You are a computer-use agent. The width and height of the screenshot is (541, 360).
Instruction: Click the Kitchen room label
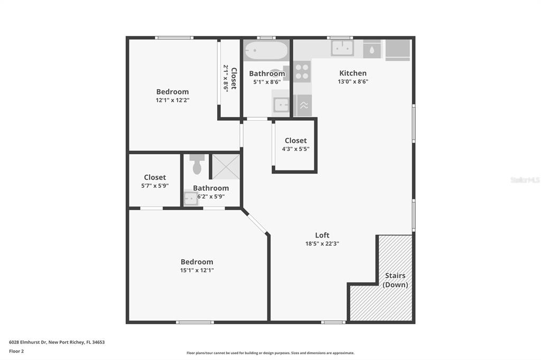click(352, 73)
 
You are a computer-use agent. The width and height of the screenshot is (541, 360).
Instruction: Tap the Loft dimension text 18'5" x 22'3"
click(322, 243)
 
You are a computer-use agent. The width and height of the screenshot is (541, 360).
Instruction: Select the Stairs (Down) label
click(395, 280)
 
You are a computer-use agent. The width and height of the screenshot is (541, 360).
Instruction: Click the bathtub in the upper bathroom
click(266, 51)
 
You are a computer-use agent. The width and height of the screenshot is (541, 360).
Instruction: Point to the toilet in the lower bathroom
click(197, 164)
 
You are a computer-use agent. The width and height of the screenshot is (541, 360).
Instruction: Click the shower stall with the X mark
click(226, 167)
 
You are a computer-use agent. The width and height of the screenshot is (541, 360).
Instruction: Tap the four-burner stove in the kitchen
click(302, 71)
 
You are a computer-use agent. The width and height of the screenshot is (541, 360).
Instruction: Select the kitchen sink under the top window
click(342, 48)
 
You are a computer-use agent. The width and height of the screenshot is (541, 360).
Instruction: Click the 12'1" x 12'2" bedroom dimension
click(173, 100)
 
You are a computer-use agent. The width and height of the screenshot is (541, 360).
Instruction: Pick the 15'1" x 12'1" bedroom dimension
click(197, 270)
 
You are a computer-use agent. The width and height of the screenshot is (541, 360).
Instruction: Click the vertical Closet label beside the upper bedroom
click(234, 78)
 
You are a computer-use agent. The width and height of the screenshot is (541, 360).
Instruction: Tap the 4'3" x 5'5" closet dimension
click(295, 149)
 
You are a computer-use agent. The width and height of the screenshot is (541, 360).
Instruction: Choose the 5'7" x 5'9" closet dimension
click(155, 186)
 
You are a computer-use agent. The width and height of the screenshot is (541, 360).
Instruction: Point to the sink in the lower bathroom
click(190, 198)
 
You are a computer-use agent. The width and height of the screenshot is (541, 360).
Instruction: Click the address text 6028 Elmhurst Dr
click(27, 343)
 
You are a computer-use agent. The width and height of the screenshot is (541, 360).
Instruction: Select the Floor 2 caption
click(16, 352)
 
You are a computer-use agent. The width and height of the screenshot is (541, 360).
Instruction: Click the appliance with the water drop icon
click(372, 49)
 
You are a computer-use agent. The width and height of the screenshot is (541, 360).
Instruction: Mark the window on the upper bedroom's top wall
click(174, 37)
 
